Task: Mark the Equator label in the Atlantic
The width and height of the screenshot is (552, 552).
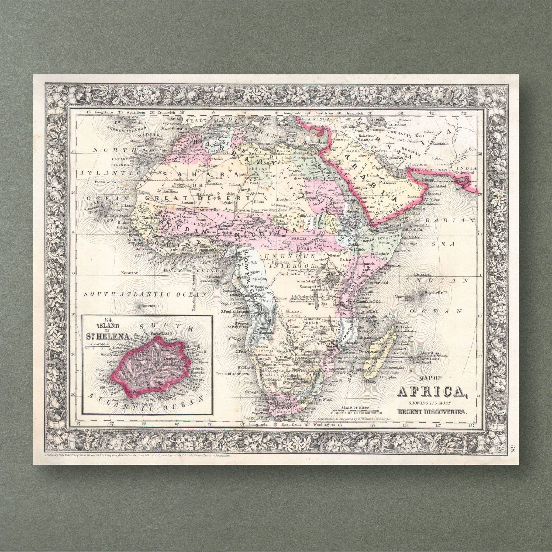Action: [x=129, y=272]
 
